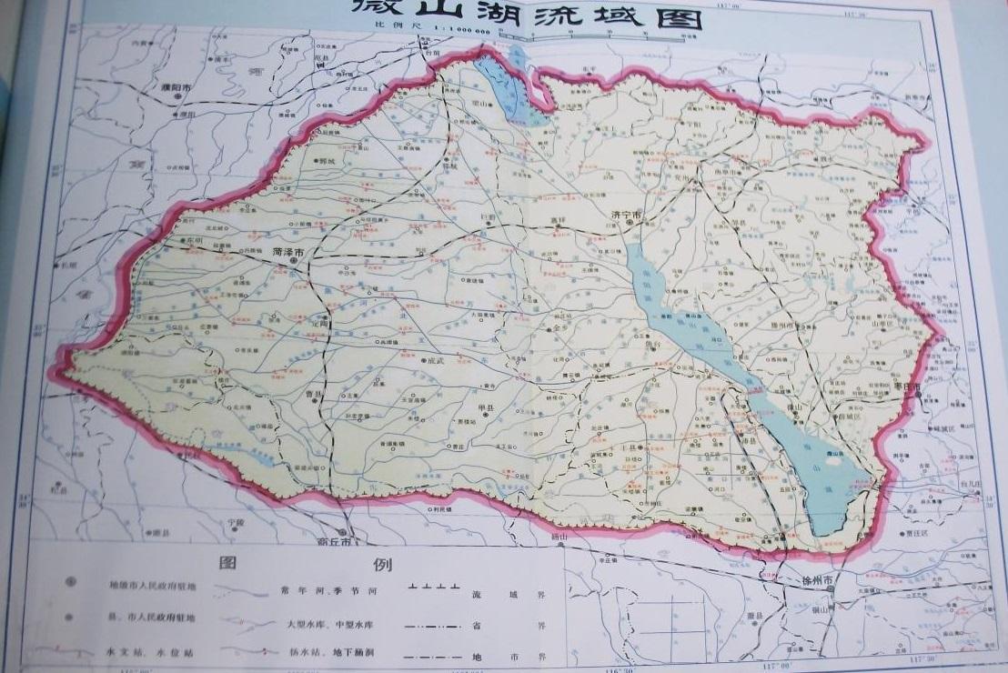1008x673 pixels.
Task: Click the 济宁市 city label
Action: pyautogui.click(x=626, y=216)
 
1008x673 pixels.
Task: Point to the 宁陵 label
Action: pyautogui.click(x=237, y=524)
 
